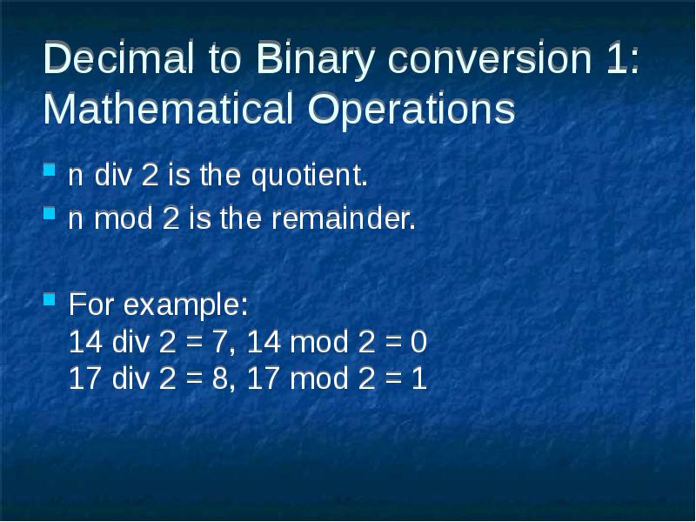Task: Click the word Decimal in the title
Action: [119, 57]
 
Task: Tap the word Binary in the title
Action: [316, 61]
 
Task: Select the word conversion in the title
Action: [490, 57]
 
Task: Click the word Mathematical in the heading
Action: [169, 108]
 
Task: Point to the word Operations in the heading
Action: [412, 111]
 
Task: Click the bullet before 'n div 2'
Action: [50, 170]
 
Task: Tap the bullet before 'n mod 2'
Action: [50, 213]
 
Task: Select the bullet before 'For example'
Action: [50, 299]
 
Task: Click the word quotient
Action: [310, 177]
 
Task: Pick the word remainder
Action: [344, 218]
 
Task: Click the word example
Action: [185, 306]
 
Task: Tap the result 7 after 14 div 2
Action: [220, 342]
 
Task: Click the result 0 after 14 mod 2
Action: [418, 342]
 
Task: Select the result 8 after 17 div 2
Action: [220, 378]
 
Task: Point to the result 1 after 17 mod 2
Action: [418, 378]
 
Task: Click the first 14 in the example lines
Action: [85, 342]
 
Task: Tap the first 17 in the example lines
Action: [85, 378]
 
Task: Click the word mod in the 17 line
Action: [318, 378]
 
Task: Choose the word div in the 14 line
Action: [130, 341]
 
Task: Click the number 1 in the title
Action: [616, 57]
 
